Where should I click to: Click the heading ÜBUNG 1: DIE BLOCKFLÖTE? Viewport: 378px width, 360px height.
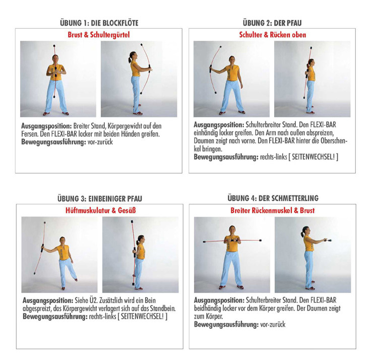tap(99, 23)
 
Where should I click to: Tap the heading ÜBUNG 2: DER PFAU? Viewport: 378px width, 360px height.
tap(272, 23)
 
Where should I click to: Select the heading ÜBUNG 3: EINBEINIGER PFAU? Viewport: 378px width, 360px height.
tap(100, 199)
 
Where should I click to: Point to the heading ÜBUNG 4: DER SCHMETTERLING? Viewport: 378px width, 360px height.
tap(273, 198)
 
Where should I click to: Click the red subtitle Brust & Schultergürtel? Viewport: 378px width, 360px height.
tap(99, 35)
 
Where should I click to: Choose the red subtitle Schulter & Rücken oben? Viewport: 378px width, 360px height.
tap(273, 35)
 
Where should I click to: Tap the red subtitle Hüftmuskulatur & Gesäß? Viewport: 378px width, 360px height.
tap(100, 210)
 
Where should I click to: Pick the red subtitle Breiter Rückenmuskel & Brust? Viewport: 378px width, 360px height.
tap(272, 210)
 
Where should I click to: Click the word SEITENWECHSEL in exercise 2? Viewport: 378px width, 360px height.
tap(313, 157)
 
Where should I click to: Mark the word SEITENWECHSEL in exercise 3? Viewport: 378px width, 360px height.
tap(142, 316)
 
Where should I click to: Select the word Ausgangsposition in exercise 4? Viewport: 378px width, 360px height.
tap(219, 301)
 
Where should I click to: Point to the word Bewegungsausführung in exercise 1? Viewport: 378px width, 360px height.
tap(53, 142)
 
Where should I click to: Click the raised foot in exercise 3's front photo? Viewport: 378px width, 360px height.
tap(76, 279)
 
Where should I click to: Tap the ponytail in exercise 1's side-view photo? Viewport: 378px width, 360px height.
tap(130, 58)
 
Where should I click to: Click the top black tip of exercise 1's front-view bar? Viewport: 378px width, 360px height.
tap(54, 45)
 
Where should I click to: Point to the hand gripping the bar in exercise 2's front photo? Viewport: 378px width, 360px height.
tap(211, 71)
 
